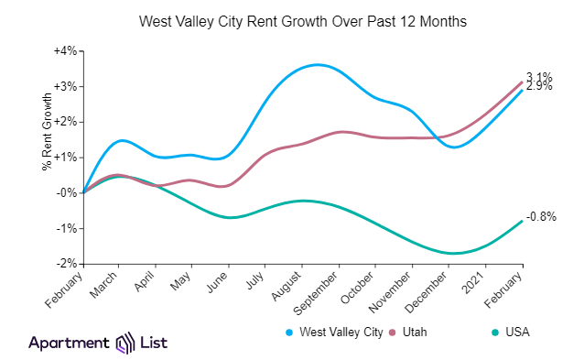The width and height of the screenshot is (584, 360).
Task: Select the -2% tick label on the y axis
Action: click(68, 264)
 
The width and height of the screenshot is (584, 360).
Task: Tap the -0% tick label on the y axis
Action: click(68, 192)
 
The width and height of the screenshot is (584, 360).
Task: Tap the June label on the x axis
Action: click(218, 281)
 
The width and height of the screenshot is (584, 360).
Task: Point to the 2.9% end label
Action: click(539, 87)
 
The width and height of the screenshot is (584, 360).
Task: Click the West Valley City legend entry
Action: click(337, 332)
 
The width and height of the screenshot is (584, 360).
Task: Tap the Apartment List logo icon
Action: click(124, 344)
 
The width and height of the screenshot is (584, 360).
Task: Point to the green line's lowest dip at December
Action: click(451, 253)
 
